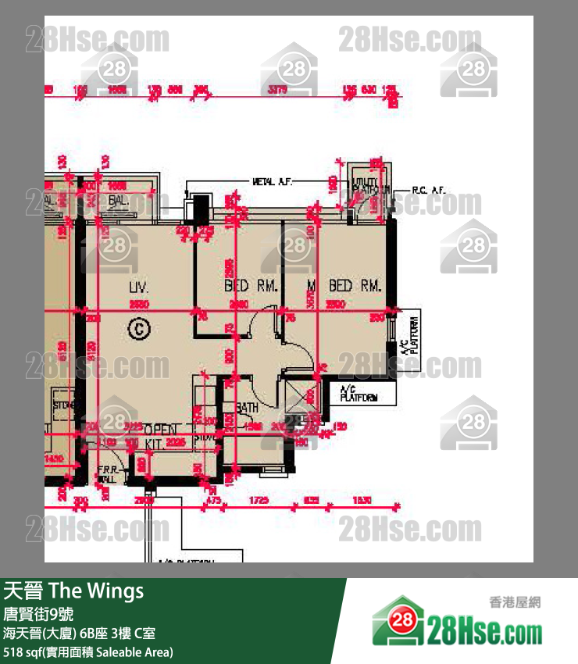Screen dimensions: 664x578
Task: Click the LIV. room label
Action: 139,287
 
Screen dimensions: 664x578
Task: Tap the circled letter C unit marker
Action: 139,330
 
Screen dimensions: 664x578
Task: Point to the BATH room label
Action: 248,408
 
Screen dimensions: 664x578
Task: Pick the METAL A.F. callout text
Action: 273,182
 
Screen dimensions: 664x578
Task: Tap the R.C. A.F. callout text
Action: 428,191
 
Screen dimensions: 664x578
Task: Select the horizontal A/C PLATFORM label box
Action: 359,394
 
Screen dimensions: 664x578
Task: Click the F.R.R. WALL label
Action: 106,473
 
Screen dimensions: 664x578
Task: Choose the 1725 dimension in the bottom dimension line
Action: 259,500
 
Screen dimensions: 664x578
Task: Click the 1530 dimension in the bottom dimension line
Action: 361,500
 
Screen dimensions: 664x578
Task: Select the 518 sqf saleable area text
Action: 88,652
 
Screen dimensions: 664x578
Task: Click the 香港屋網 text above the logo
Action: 515,602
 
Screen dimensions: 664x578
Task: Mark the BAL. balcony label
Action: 119,201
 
